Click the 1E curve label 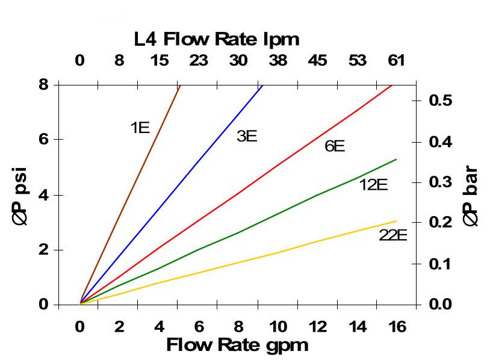[140, 128]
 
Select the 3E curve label [247, 136]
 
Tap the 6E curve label [335, 146]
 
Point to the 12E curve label [373, 185]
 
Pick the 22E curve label [392, 235]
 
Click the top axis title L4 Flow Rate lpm [217, 40]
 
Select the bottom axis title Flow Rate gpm [237, 345]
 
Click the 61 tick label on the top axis [396, 61]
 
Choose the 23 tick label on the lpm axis [199, 61]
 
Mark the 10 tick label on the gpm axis [278, 327]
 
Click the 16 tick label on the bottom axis [397, 327]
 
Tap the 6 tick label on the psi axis [44, 139]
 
